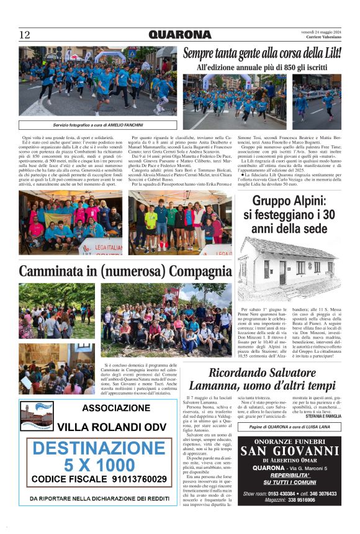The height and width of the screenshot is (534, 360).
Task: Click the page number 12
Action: [x=25, y=35]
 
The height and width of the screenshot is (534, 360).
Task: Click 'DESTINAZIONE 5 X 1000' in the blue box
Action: [x=99, y=456]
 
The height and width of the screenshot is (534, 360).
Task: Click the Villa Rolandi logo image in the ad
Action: [x=36, y=416]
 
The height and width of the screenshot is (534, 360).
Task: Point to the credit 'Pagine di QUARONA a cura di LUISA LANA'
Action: [x=289, y=427]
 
